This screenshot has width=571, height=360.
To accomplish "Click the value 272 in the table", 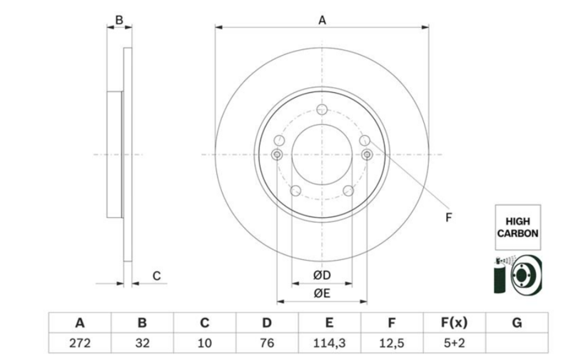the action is click(x=80, y=343).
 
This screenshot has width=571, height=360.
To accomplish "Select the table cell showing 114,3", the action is click(x=329, y=343).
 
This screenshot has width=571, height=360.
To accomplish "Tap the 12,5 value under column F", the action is click(x=391, y=343).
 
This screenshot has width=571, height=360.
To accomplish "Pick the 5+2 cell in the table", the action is click(x=454, y=343).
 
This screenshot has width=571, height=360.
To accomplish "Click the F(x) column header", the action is click(x=454, y=322).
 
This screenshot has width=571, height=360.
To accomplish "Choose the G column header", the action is click(x=517, y=322).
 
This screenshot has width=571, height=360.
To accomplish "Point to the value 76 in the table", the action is click(x=267, y=343).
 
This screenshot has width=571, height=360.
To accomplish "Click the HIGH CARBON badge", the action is click(x=517, y=227).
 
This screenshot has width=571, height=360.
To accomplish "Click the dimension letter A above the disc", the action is click(x=322, y=21).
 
